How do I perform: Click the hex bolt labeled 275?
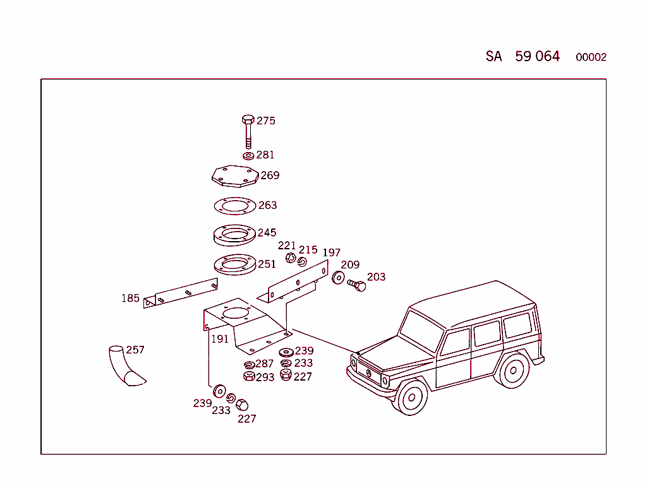tap(248, 131)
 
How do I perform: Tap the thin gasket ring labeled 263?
tap(234, 206)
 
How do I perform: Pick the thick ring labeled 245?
tap(234, 235)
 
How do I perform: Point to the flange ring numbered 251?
tap(234, 264)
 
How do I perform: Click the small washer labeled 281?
tap(249, 155)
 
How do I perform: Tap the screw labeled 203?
tap(357, 285)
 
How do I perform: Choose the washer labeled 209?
tap(339, 277)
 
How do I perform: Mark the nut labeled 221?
tap(290, 258)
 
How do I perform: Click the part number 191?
tap(220, 339)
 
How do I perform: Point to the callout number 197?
tap(331, 253)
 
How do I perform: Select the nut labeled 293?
tap(249, 377)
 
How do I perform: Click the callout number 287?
tap(265, 364)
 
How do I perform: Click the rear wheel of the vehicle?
tap(514, 370)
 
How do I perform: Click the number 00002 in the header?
tap(591, 57)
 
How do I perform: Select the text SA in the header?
tap(493, 56)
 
